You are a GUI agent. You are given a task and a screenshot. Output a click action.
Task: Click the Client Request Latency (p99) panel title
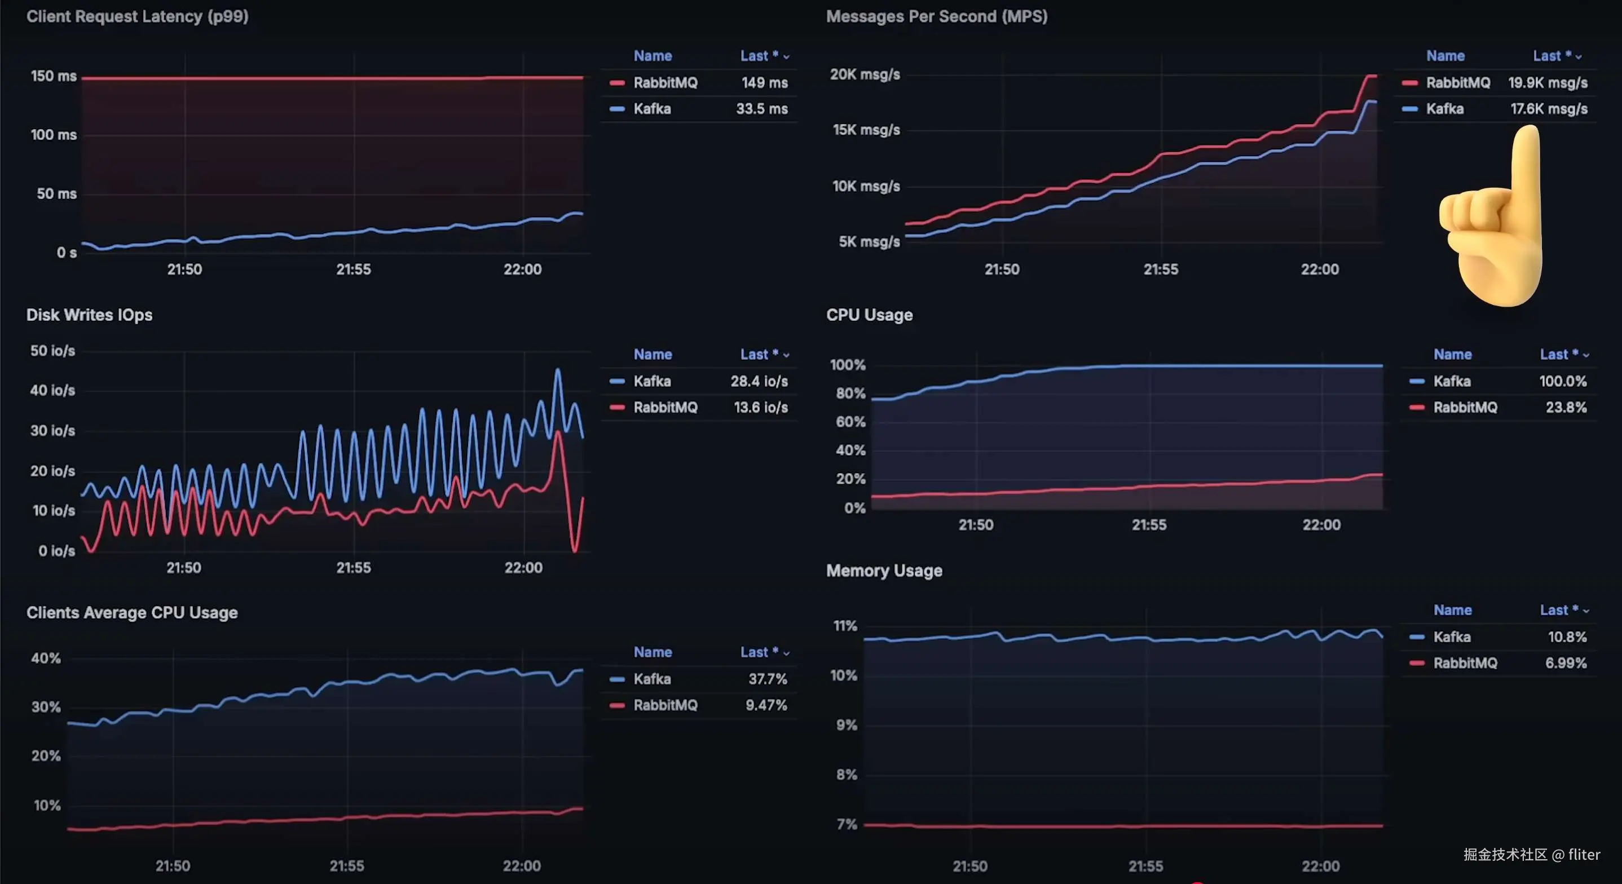point(137,16)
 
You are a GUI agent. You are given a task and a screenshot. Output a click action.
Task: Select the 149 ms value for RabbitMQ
point(764,82)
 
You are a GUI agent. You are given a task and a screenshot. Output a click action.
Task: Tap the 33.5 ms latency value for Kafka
point(762,109)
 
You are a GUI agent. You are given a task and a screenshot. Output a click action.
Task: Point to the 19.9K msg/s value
point(1548,82)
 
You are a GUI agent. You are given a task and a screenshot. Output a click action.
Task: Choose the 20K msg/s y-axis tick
point(865,74)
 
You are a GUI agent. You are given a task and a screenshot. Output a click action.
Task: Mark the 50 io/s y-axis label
point(53,351)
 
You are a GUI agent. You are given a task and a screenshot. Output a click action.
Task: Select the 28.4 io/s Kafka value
point(759,381)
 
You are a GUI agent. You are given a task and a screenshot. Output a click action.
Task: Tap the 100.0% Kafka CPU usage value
point(1563,381)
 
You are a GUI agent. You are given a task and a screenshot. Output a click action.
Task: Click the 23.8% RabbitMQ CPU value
point(1566,408)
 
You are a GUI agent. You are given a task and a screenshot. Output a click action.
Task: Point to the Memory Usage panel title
point(884,571)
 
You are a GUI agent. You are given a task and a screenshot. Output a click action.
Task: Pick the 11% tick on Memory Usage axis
point(845,626)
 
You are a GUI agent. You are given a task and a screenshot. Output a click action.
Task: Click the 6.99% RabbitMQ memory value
point(1566,663)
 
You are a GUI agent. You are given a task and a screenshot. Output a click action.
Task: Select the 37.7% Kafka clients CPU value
point(768,679)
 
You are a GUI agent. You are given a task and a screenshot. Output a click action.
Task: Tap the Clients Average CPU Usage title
point(132,613)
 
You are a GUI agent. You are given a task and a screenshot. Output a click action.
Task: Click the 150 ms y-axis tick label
point(54,76)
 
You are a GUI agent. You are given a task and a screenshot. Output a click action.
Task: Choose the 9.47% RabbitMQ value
point(766,705)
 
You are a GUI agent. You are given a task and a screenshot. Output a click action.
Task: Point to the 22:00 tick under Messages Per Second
point(1320,269)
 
